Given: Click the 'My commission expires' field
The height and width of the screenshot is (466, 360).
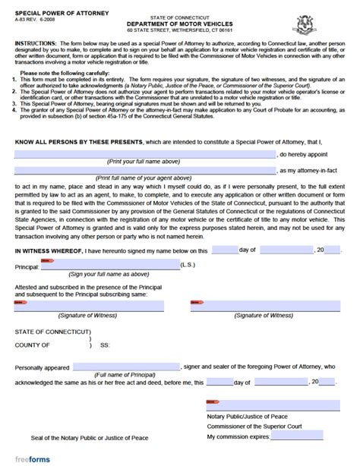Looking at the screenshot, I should point(297,438).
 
